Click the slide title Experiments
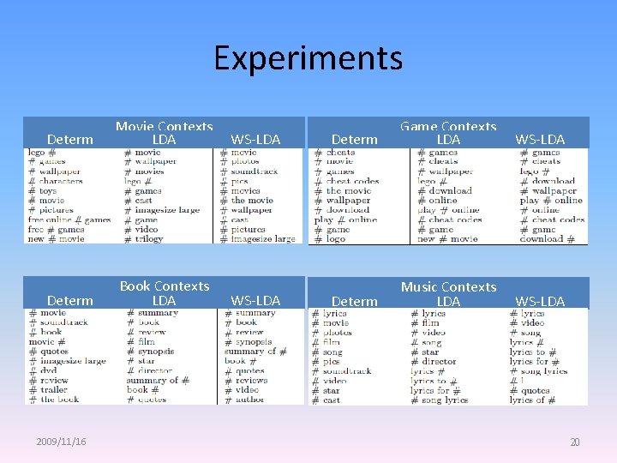[x=308, y=58]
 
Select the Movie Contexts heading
[x=164, y=127]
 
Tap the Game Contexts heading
[x=448, y=127]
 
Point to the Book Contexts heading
[x=164, y=286]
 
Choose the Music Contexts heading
[x=448, y=287]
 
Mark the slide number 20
[x=574, y=442]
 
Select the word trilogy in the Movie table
[x=149, y=239]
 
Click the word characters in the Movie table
[x=61, y=181]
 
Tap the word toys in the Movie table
[x=48, y=190]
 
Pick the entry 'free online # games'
[x=69, y=219]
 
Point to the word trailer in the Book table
[x=54, y=389]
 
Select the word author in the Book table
[x=249, y=399]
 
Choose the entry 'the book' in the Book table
[x=60, y=399]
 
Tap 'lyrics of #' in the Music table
[x=533, y=400]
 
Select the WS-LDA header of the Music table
[x=540, y=301]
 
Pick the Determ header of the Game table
[x=354, y=139]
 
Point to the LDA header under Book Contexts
[x=164, y=300]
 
